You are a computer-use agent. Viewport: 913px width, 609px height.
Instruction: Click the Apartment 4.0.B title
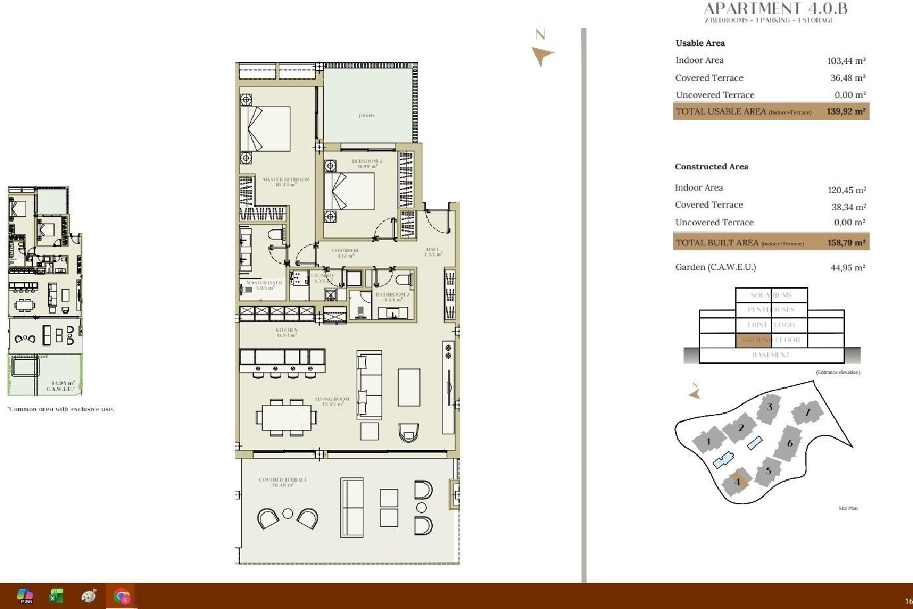[x=775, y=9]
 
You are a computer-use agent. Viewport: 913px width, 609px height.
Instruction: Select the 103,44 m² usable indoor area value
[x=846, y=61]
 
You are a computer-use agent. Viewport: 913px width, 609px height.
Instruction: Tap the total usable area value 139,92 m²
[x=845, y=111]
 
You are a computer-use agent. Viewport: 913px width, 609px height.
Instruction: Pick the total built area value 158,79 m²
[x=846, y=242]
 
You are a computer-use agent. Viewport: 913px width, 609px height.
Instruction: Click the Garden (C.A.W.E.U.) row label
[x=715, y=267]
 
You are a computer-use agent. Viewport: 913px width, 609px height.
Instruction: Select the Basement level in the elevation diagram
[x=771, y=355]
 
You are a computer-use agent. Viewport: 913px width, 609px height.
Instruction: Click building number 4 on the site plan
[x=737, y=482]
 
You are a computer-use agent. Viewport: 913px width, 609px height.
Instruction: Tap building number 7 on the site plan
[x=808, y=412]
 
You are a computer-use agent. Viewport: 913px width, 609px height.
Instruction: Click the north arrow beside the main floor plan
[x=541, y=55]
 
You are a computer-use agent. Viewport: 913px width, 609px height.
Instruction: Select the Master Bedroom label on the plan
[x=285, y=181]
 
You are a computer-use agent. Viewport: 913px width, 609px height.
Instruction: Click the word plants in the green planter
[x=366, y=115]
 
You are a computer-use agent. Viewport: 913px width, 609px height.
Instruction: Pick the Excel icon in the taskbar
[x=56, y=596]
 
